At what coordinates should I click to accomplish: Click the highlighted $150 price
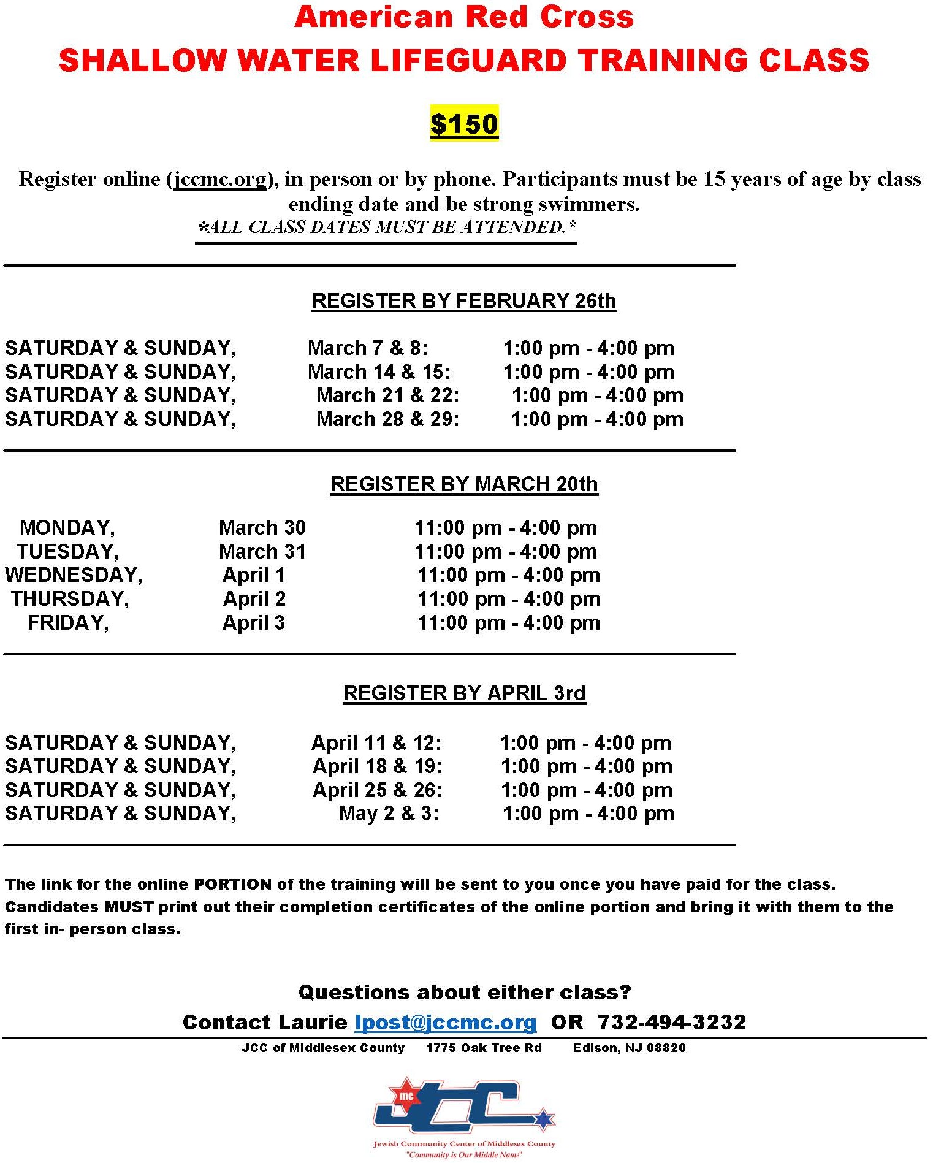coord(464,124)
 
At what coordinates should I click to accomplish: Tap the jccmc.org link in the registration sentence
coord(221,179)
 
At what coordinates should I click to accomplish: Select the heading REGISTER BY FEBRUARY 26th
coord(464,300)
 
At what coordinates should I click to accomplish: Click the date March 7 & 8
coord(368,348)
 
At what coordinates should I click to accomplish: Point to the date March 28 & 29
coord(387,419)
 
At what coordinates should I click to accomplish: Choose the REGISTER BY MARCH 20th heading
coord(464,484)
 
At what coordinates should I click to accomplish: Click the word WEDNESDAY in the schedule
coord(74,575)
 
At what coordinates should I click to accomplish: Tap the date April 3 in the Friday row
coord(254,623)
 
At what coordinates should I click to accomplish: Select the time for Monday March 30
coord(506,528)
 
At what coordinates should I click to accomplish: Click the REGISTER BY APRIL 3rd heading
coord(464,693)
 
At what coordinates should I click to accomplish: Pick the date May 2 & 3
coord(389,814)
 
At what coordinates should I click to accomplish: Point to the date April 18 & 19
coord(378,766)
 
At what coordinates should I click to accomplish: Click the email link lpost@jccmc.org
coord(446,1022)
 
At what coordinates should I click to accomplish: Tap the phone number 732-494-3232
coord(672,1022)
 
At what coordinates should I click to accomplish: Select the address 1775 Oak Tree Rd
coord(484,1048)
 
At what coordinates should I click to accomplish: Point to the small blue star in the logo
coord(543,1119)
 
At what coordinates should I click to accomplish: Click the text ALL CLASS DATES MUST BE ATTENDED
coord(387,227)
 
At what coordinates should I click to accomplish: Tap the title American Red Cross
coord(464,17)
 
